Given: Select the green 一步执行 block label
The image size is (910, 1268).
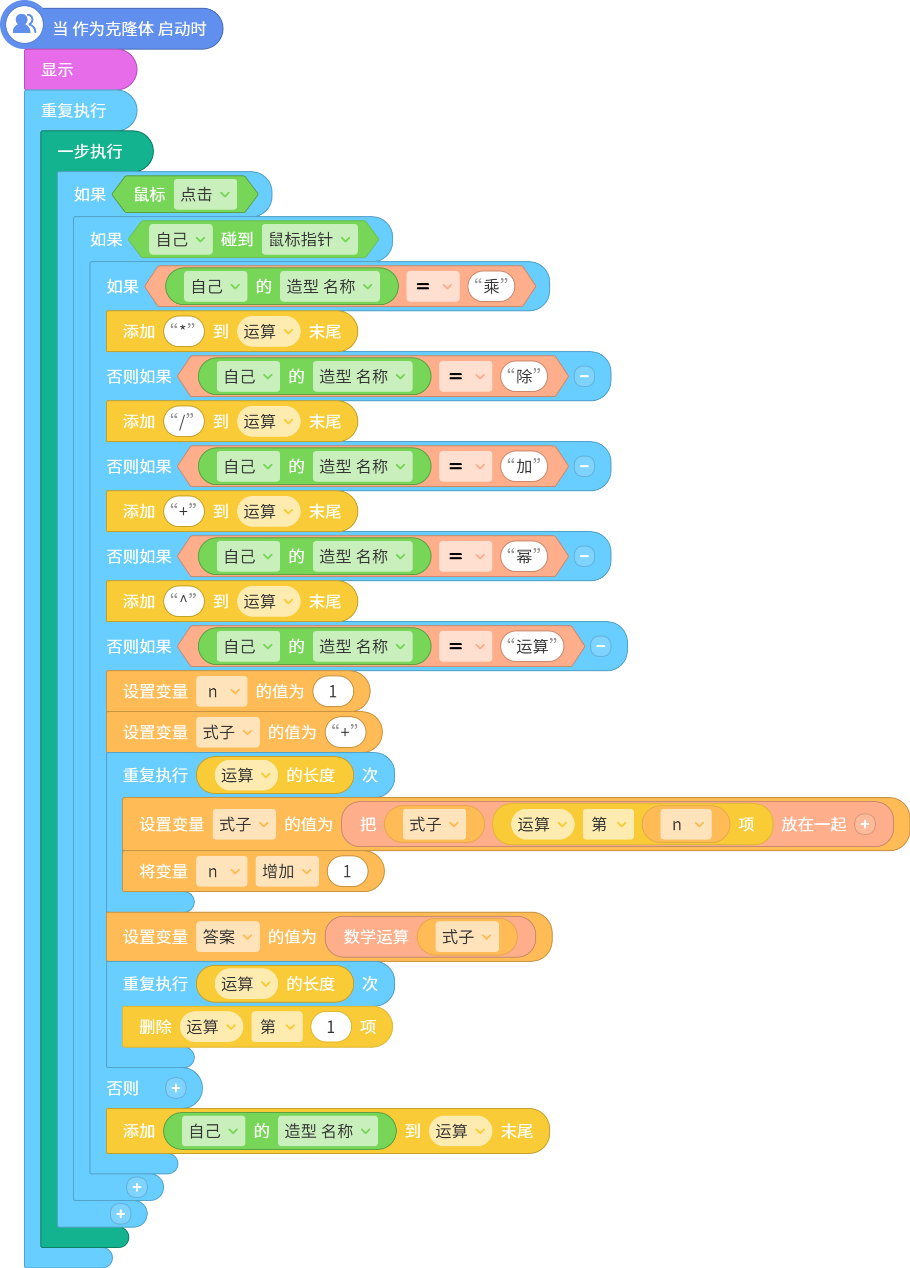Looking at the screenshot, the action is tap(90, 151).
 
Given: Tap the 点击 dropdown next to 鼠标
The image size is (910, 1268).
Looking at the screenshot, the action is tap(205, 195).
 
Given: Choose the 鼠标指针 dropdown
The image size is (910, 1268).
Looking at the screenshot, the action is tap(310, 239).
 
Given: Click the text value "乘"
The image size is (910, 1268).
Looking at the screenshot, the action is tap(491, 286).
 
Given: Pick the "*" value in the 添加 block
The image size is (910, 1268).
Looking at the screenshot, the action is tap(184, 331).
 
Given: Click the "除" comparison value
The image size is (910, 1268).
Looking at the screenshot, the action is tap(524, 376).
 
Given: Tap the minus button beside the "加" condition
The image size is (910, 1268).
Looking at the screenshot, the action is tap(584, 466).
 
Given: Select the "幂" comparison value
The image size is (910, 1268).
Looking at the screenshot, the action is tap(524, 556).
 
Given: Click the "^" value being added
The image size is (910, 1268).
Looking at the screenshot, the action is tap(184, 602).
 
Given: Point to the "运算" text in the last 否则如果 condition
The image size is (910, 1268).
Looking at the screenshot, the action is tap(532, 646).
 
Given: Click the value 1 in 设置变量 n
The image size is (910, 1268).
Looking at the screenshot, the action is tap(333, 692).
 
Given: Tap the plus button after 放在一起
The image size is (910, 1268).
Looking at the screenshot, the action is tap(864, 824).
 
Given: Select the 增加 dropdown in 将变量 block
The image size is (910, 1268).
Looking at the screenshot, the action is tap(287, 871).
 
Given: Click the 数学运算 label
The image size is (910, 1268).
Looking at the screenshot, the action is tap(376, 937).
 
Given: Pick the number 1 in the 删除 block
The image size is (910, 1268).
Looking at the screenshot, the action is tap(331, 1027).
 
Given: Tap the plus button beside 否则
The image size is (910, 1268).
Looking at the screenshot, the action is tap(175, 1088).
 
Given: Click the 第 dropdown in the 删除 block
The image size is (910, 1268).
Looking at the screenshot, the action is tap(277, 1027).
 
